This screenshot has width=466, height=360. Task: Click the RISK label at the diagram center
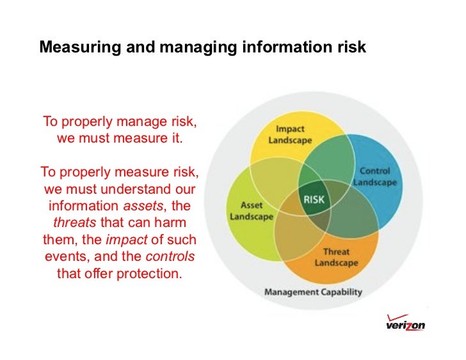point(314,200)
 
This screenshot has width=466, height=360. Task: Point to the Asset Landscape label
point(252,211)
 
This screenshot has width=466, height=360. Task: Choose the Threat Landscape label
point(336,257)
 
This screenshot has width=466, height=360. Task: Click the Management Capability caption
point(313,292)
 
